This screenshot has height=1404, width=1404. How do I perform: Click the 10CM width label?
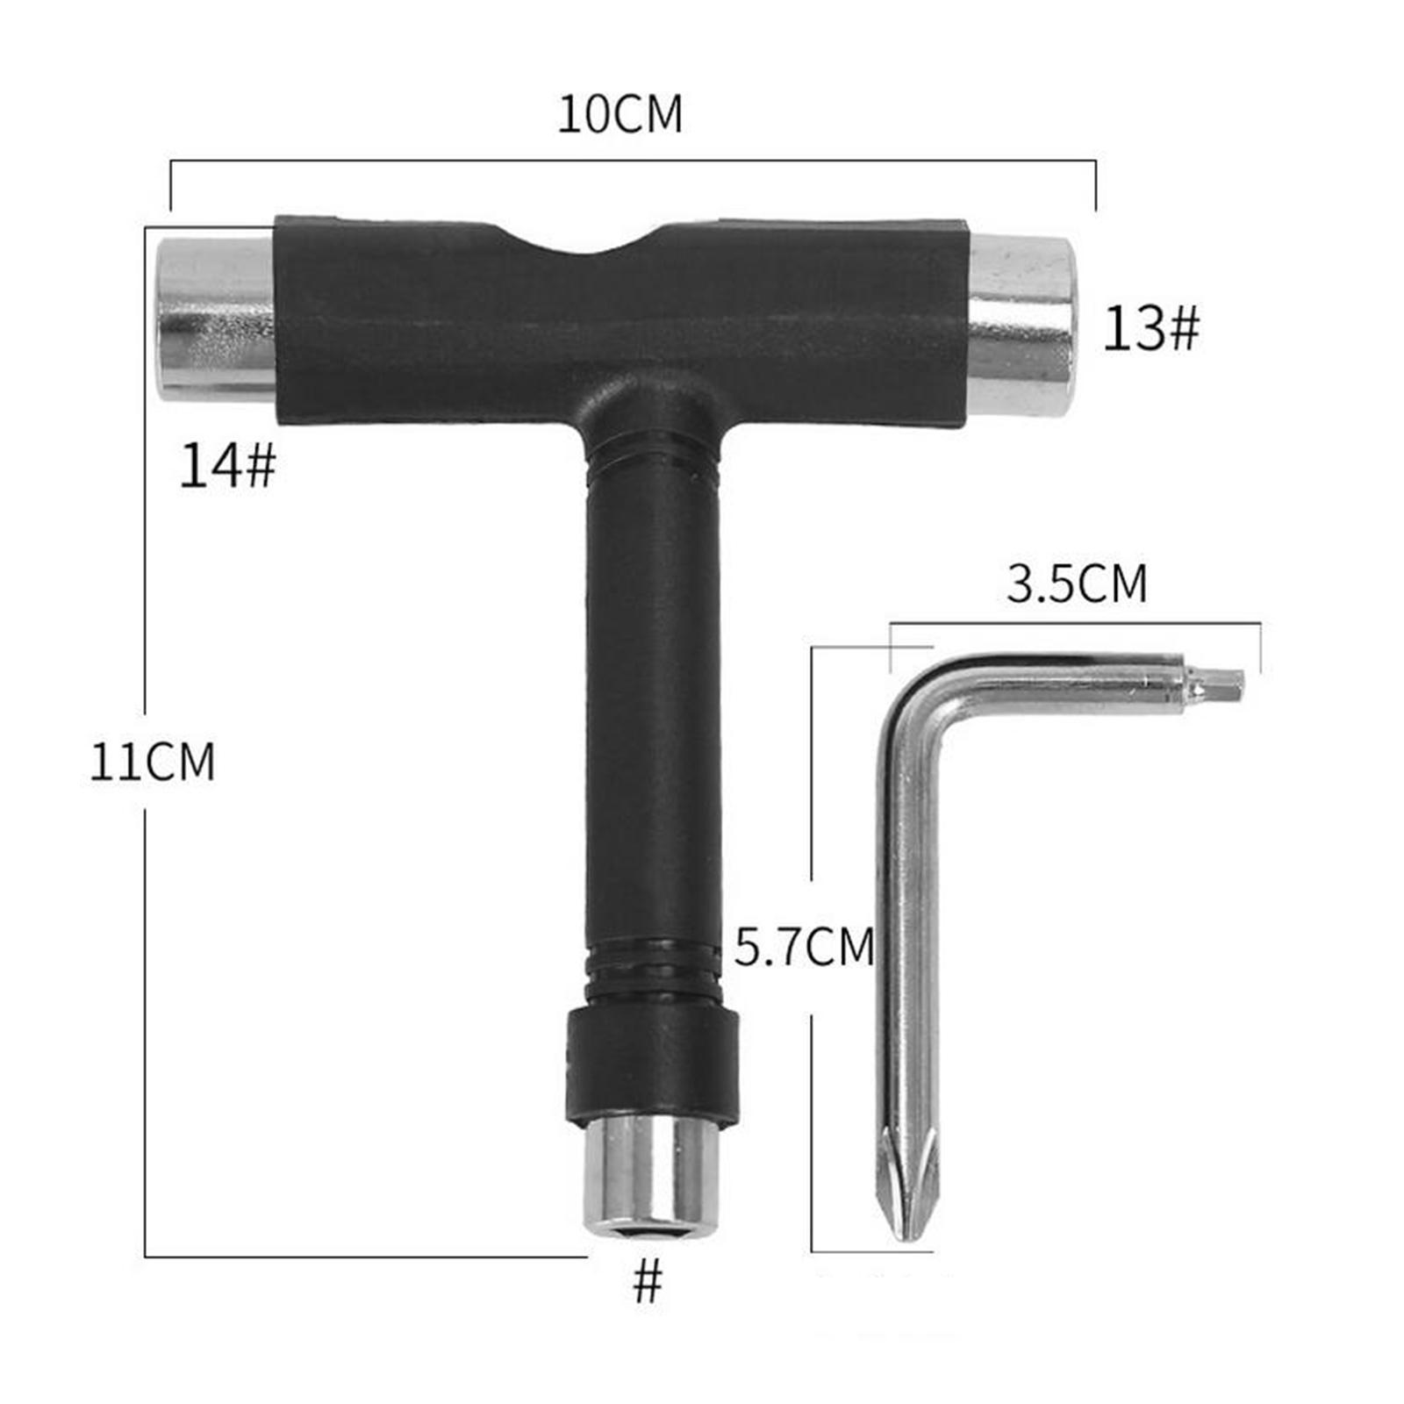pos(620,114)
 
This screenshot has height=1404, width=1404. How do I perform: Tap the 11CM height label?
pos(152,761)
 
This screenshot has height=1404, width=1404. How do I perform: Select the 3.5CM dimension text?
pos(1076,584)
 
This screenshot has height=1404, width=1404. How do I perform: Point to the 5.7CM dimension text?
pos(804,947)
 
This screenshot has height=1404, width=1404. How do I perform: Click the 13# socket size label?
pos(1150,329)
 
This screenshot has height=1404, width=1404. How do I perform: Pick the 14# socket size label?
pos(227,465)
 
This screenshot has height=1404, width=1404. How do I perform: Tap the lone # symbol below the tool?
pos(648,1283)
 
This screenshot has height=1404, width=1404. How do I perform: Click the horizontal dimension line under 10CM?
pos(632,161)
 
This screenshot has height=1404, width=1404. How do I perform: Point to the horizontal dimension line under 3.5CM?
pos(1075,624)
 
